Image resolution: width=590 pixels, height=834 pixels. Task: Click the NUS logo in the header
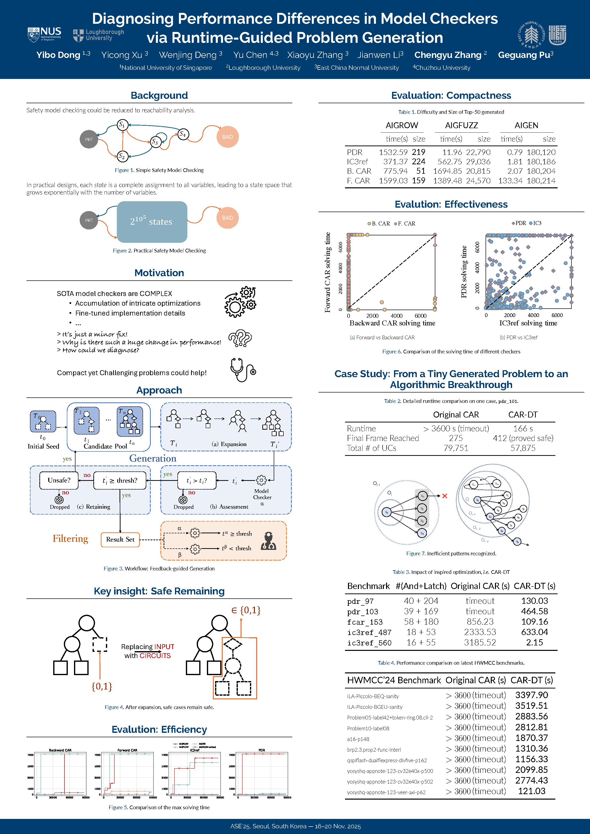(44, 34)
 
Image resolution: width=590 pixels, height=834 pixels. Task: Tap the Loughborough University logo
(98, 35)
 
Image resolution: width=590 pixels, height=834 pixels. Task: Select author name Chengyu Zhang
(448, 55)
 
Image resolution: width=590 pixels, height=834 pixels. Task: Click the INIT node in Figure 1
(89, 139)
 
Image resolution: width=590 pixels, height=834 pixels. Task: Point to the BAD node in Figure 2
(227, 218)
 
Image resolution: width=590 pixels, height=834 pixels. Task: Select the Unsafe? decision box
(59, 480)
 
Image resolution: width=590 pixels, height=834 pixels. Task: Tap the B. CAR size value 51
(421, 171)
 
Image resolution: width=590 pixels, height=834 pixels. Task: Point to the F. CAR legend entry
(404, 223)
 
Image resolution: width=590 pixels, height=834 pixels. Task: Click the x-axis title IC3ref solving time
(528, 323)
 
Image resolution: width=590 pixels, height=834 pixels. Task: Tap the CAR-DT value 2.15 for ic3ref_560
(534, 642)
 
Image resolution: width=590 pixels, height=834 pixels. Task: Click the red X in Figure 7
(445, 496)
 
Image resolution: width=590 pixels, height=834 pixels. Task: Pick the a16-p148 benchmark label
(358, 739)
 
